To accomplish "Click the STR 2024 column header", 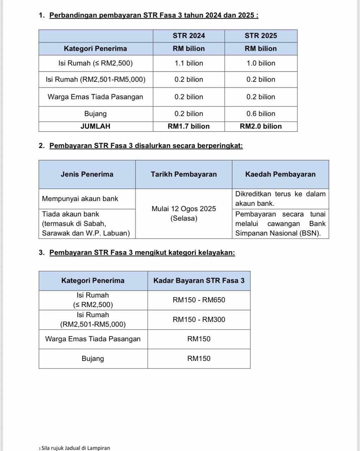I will [189, 36].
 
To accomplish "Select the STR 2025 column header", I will [261, 36].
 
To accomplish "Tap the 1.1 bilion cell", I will [189, 63].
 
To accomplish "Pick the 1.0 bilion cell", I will [261, 63].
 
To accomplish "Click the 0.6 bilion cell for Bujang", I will [261, 114].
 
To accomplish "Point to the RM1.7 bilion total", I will [189, 126].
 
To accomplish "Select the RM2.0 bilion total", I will [261, 126].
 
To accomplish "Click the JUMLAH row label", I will [95, 126].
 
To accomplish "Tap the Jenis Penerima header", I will [87, 174].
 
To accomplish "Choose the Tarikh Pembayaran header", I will [184, 174].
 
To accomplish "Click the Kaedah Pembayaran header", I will [280, 174].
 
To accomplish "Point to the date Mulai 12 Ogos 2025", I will [184, 209].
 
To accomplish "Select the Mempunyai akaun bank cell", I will [80, 199].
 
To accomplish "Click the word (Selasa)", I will [184, 218].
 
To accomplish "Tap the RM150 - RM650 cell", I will [199, 300].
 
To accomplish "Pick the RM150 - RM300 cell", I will [199, 319].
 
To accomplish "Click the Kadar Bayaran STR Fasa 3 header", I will [199, 281].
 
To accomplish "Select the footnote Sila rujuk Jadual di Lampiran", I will [75, 448].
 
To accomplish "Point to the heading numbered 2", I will [146, 146].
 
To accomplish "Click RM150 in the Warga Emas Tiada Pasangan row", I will [199, 339].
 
